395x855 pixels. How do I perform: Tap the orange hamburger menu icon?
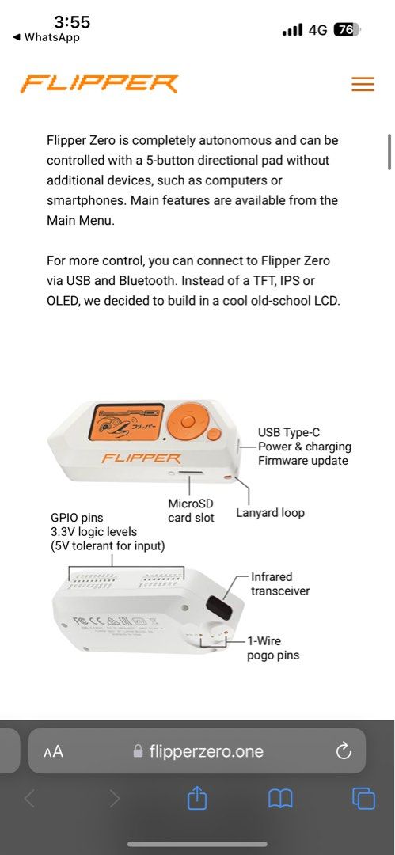(x=363, y=84)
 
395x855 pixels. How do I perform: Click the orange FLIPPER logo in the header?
(x=100, y=83)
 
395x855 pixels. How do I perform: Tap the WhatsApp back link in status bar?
(x=47, y=37)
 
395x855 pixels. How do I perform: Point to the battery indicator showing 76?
(x=346, y=29)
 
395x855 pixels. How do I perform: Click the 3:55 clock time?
(x=72, y=21)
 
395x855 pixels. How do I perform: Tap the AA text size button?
(x=53, y=752)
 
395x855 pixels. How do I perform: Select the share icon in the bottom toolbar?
(x=197, y=799)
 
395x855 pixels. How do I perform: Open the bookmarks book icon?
(x=280, y=799)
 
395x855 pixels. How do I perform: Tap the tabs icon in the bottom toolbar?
(x=363, y=799)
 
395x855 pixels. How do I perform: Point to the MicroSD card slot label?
(x=191, y=511)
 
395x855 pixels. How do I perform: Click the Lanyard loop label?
(x=270, y=512)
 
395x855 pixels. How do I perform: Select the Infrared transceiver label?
(x=280, y=583)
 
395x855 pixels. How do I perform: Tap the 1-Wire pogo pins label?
(x=273, y=648)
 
